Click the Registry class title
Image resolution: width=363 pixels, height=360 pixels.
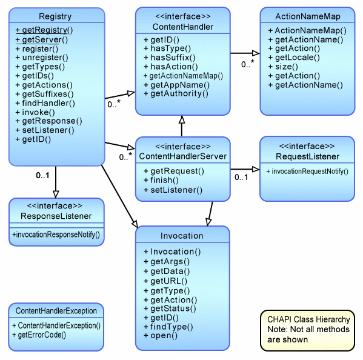pos(55,16)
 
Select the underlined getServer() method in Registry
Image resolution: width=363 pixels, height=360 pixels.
pos(42,39)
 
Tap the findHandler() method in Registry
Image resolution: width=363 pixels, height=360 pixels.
pos(45,103)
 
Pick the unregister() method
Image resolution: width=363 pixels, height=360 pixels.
pos(42,58)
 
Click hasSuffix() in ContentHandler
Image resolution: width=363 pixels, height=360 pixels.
pos(170,58)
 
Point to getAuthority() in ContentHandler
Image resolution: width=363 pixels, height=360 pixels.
pos(176,94)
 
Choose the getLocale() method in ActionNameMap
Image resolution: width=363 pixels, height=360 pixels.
pos(294,58)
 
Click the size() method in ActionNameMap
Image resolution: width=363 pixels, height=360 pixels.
pos(283,67)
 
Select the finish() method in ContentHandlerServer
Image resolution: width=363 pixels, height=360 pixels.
pos(161,180)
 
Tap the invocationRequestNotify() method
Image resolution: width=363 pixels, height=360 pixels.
pos(307,172)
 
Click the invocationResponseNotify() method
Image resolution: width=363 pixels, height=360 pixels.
pos(56,235)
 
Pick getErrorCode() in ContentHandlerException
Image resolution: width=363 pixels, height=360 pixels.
pos(39,335)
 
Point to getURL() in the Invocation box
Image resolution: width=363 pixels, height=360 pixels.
pos(165,281)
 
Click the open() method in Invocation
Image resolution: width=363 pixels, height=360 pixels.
pos(161,336)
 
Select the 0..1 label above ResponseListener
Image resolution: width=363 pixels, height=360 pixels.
pos(42,176)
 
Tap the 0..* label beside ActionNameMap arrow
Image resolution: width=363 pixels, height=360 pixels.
pos(248,64)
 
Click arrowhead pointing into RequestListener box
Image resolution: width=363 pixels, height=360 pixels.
pos(256,169)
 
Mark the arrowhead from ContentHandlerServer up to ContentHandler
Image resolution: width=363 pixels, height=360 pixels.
pos(182,119)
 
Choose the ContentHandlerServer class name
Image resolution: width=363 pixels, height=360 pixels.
pos(183,156)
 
